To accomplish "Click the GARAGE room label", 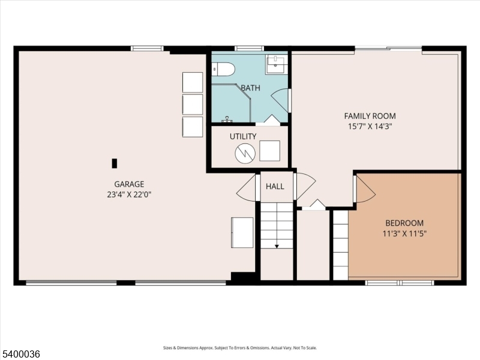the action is click(x=129, y=184).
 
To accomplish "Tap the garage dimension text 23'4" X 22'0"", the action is click(x=129, y=194).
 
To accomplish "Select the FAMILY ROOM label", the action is click(x=370, y=116).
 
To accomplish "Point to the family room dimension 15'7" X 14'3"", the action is click(x=370, y=126).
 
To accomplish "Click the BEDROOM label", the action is click(x=404, y=223).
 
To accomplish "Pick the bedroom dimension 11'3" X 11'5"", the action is click(x=404, y=233).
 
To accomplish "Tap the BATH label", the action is click(x=250, y=88).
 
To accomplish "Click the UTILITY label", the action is click(x=243, y=136).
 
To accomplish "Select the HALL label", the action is click(x=275, y=186).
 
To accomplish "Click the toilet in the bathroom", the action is click(x=223, y=69).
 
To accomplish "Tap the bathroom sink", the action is click(x=277, y=64).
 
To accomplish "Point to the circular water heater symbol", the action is click(x=245, y=153).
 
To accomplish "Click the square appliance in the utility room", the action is click(x=269, y=151).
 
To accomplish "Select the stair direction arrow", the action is click(x=277, y=246).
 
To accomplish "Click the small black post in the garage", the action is click(x=114, y=163).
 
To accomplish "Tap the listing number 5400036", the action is click(x=20, y=354).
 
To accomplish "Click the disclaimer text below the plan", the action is click(x=239, y=348).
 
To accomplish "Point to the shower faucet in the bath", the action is click(x=227, y=119).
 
